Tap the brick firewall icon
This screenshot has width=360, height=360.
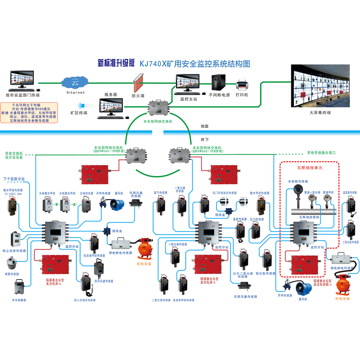(x=138, y=83)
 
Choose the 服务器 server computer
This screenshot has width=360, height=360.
(x=110, y=108)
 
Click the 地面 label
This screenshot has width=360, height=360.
(x=204, y=126)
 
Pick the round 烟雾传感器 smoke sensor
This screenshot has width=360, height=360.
(x=12, y=263)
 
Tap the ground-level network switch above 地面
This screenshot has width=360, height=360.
(x=158, y=108)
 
